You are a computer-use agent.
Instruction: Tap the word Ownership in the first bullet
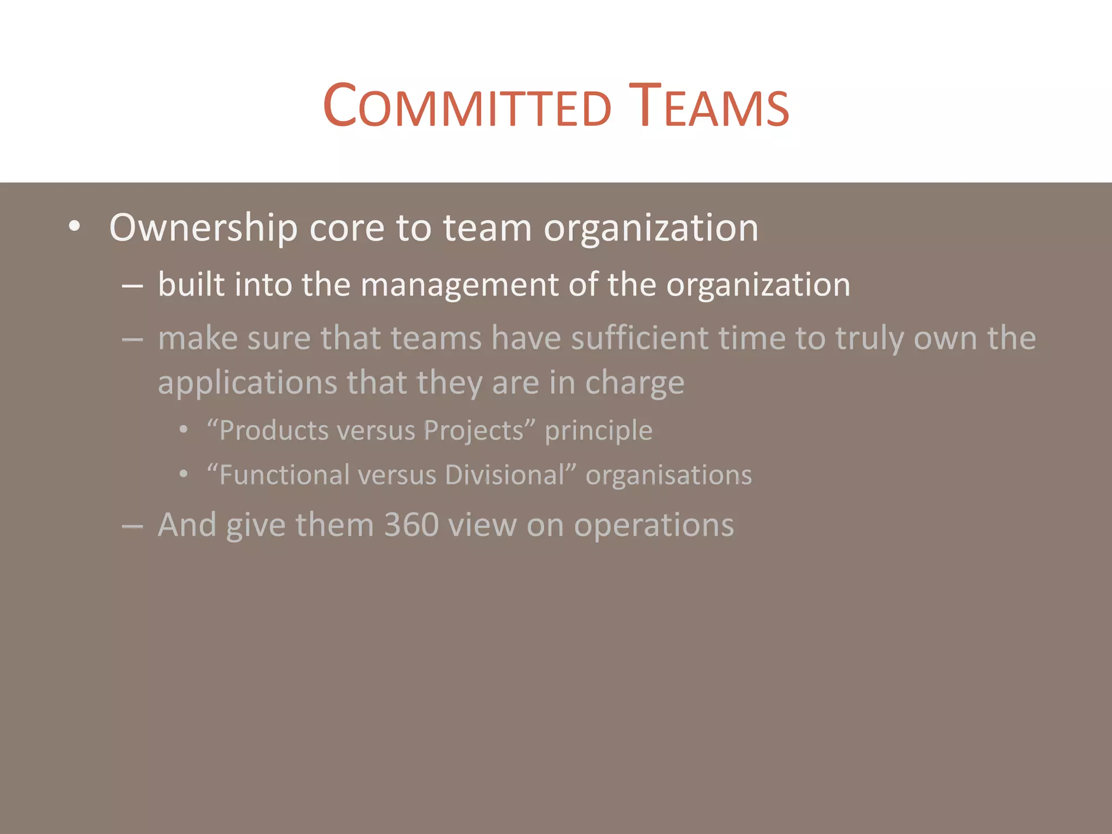[203, 228]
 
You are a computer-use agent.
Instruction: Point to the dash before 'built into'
[132, 286]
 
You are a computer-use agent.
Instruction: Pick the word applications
[248, 383]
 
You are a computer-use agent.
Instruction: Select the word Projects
[473, 431]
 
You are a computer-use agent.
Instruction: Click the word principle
[598, 431]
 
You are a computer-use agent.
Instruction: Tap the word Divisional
[505, 476]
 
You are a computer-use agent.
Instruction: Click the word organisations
[669, 476]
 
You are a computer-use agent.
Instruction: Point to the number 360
[412, 526]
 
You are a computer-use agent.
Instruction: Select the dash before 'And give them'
[132, 526]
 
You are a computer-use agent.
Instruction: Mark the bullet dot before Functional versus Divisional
[184, 475]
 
